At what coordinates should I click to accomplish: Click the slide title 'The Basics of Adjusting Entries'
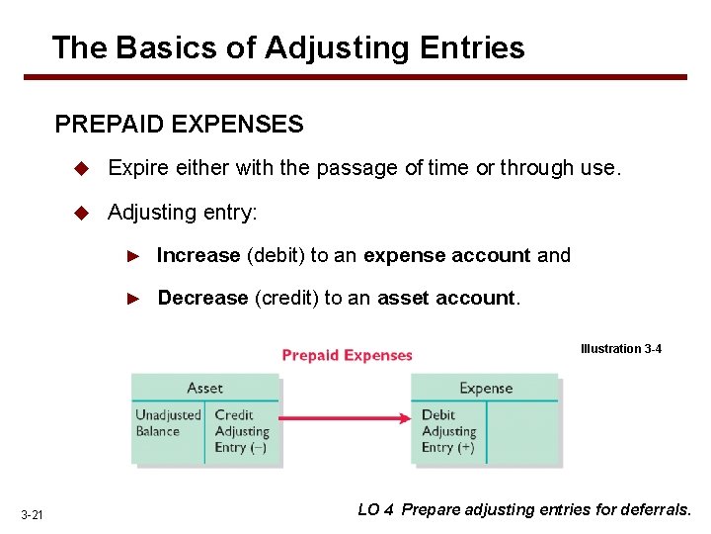[x=287, y=47]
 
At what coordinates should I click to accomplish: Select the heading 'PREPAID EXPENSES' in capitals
[x=179, y=125]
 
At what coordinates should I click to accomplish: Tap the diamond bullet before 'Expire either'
[x=84, y=168]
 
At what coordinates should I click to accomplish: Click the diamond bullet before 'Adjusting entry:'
[x=84, y=212]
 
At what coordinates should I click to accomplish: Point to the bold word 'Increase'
[x=198, y=255]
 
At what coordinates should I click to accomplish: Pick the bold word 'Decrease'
[x=202, y=298]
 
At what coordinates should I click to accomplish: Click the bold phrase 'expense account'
[x=446, y=255]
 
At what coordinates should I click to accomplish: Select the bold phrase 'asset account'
[x=446, y=298]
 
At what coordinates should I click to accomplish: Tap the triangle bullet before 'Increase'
[x=135, y=256]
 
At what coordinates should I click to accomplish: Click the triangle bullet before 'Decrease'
[x=135, y=299]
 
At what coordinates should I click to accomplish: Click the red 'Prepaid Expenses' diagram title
[x=348, y=355]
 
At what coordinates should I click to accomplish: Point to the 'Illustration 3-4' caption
[x=621, y=349]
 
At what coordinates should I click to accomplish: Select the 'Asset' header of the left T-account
[x=205, y=388]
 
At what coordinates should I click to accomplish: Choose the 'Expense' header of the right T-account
[x=486, y=388]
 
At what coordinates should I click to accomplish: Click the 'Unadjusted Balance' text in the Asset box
[x=169, y=423]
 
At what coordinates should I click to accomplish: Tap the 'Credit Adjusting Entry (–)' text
[x=242, y=431]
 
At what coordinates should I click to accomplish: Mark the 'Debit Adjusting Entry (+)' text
[x=449, y=431]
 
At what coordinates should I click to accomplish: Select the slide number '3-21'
[x=32, y=513]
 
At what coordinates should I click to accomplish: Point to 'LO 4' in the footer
[x=376, y=510]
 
